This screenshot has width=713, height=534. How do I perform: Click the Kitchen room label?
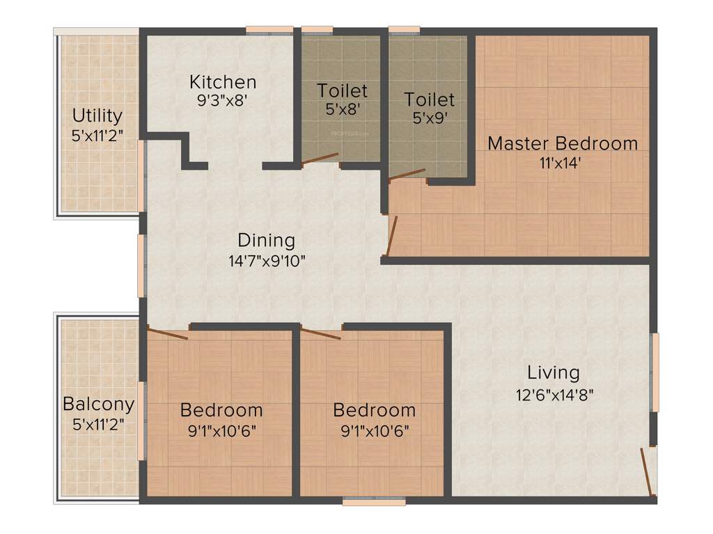point(222,82)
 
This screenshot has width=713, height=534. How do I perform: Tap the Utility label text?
point(97,115)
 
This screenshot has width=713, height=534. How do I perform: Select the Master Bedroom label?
point(562,144)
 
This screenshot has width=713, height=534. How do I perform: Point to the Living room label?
point(553,373)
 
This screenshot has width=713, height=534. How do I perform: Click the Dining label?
point(266,241)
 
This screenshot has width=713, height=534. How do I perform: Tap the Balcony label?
point(98,404)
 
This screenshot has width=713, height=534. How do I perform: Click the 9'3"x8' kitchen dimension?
point(222,100)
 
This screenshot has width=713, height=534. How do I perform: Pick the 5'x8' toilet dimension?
point(342,108)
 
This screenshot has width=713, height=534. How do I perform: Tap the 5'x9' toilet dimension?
point(429,118)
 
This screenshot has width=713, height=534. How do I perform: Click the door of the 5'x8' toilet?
point(320,159)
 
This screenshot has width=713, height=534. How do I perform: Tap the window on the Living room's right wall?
point(654,373)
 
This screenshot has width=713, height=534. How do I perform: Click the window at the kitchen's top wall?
point(269,30)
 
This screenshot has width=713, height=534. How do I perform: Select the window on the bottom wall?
point(363,500)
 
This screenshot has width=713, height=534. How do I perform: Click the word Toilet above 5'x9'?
point(429,100)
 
